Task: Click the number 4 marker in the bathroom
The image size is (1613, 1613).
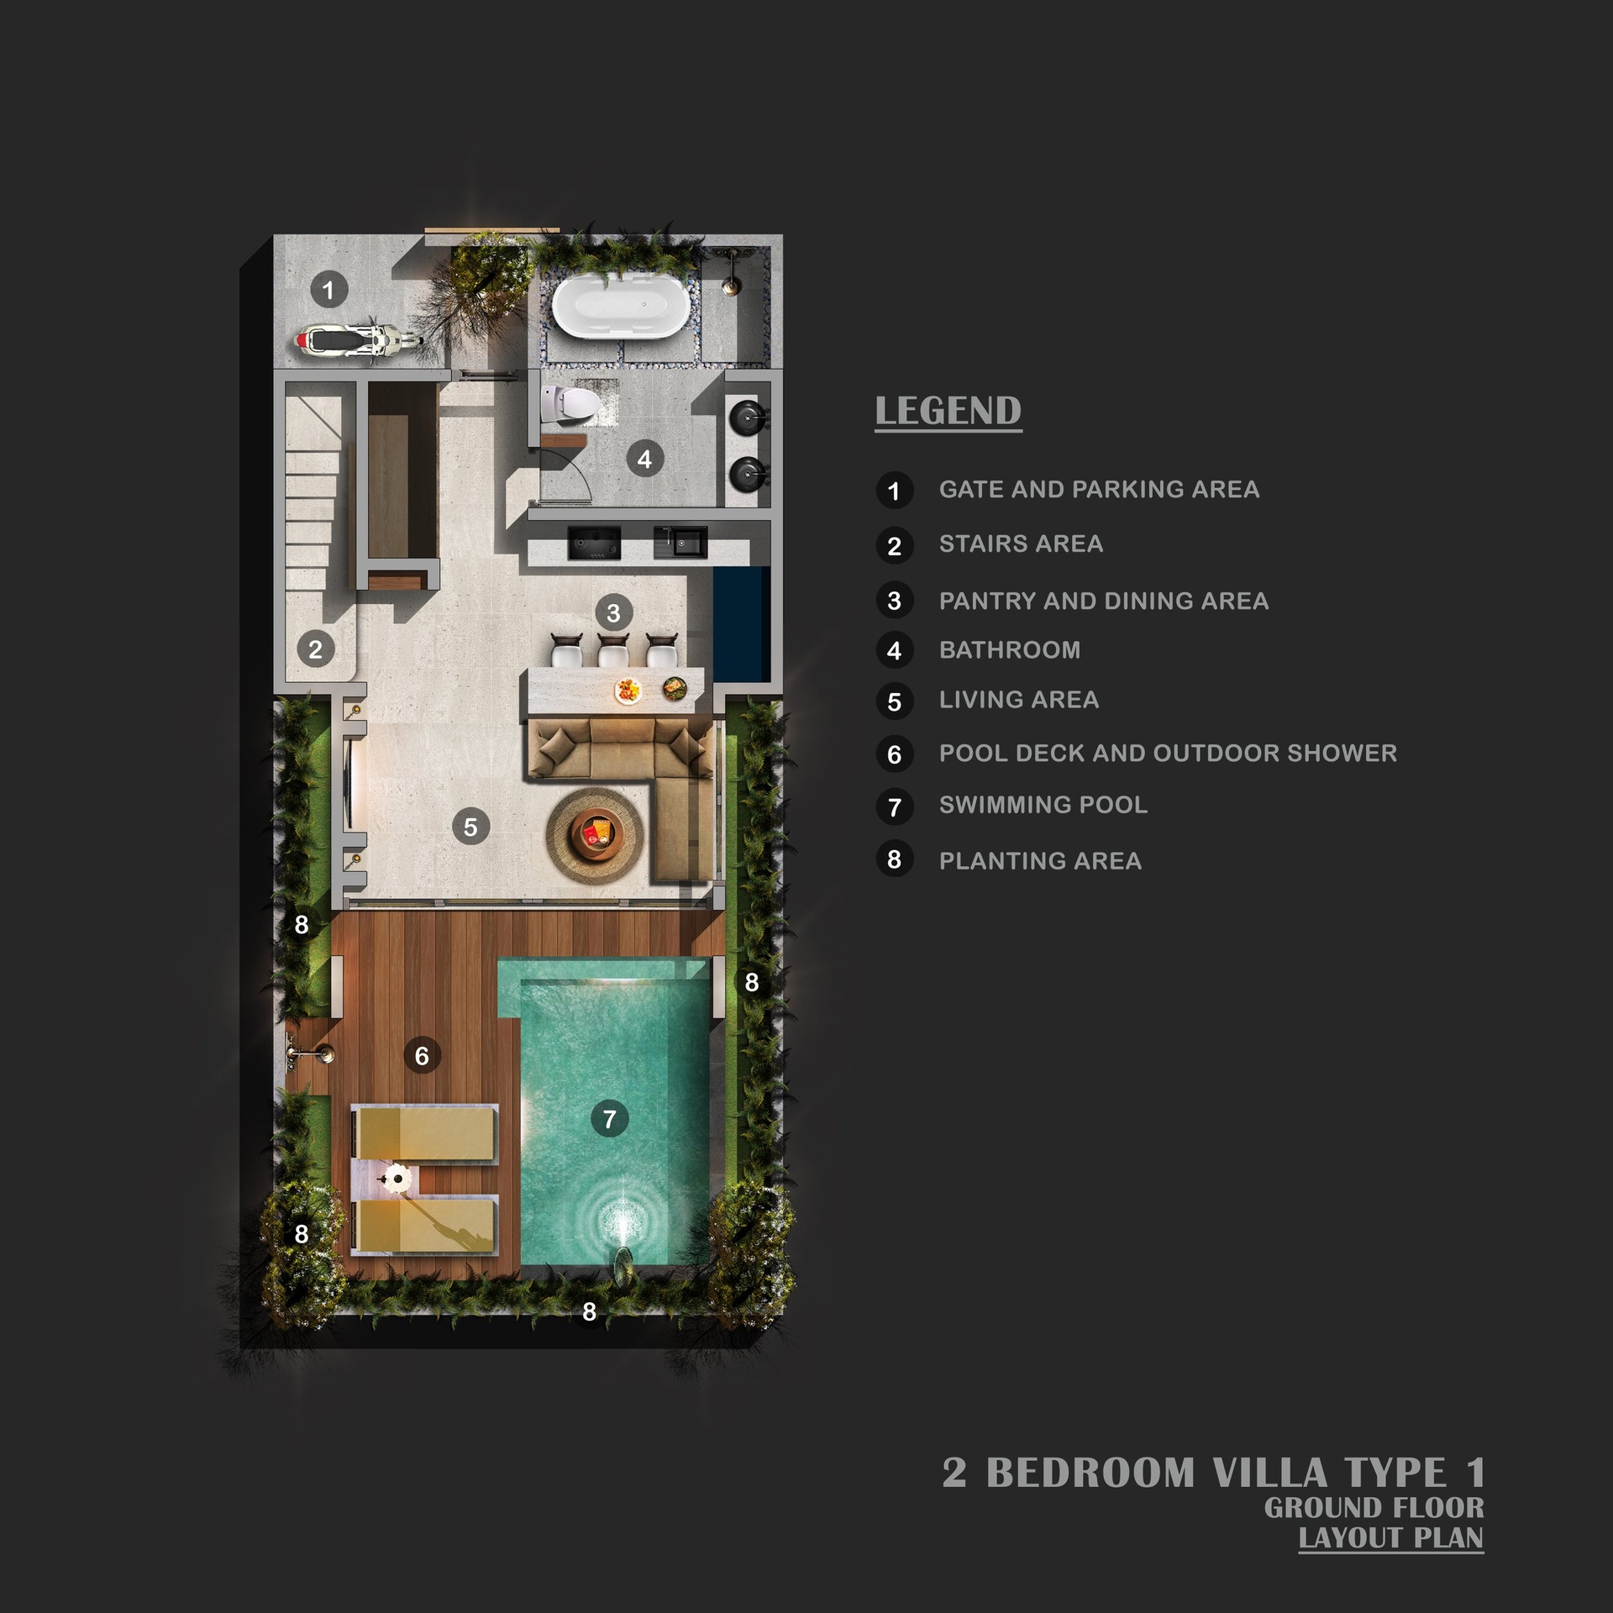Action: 644,459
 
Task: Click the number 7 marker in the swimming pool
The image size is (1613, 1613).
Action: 609,1119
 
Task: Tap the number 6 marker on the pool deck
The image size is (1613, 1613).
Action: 422,1055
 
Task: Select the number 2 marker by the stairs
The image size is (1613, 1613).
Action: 315,649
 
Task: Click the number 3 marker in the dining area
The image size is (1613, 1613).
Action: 613,613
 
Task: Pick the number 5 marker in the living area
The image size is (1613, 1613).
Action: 470,827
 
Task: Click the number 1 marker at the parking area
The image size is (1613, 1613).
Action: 328,291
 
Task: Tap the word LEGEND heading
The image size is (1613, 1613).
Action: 948,412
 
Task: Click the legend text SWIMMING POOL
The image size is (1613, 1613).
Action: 1043,805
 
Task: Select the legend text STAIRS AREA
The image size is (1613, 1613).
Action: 1021,544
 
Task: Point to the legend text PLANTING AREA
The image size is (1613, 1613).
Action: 1040,861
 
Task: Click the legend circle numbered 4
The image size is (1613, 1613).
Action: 894,650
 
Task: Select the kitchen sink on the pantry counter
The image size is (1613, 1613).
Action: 680,543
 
